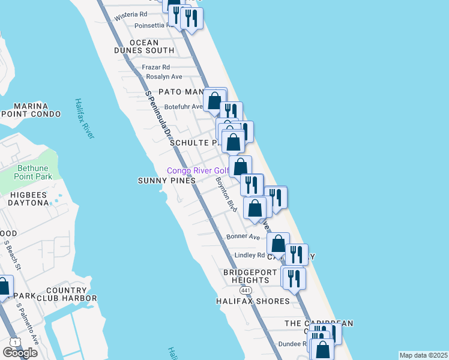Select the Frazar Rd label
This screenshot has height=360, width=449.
(x=156, y=67)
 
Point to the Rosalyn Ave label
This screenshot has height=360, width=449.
(x=164, y=77)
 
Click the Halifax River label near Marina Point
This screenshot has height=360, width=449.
(x=85, y=119)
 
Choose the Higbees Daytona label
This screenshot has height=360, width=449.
(x=28, y=199)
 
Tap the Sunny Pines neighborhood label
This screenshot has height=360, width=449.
(x=167, y=181)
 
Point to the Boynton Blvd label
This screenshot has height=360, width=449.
(x=226, y=193)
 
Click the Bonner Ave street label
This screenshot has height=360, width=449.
(x=243, y=236)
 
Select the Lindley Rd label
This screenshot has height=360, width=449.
(x=249, y=255)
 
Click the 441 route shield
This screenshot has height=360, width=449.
(x=245, y=290)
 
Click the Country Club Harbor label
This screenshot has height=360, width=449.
(x=71, y=294)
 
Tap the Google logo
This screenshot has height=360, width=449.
(x=20, y=353)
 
